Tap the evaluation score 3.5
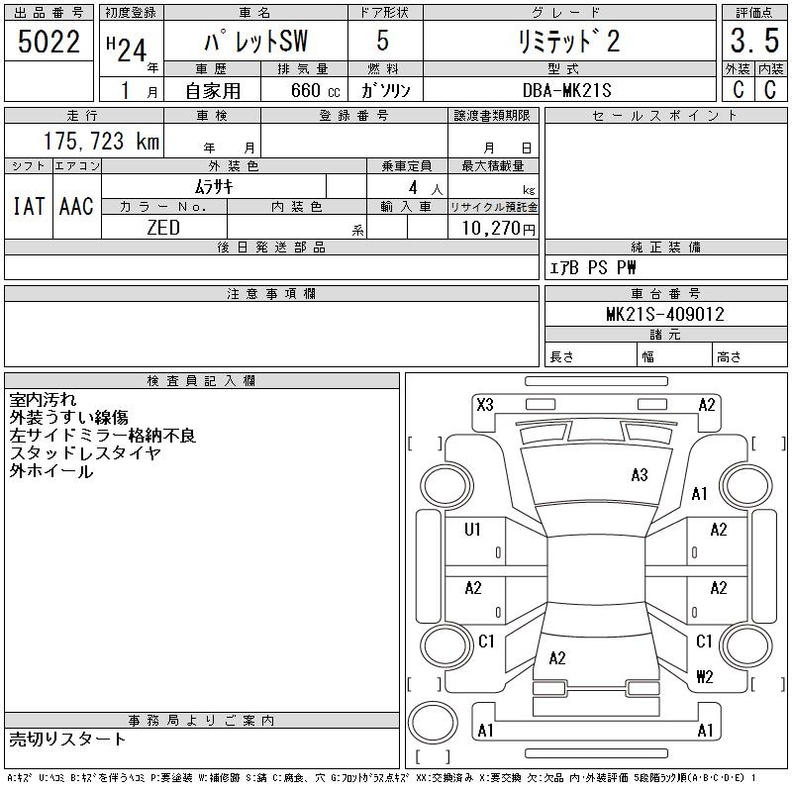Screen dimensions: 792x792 (x=753, y=42)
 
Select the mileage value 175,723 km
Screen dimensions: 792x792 (x=100, y=142)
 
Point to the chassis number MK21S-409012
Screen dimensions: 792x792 (x=664, y=315)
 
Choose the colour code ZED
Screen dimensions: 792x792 (x=163, y=227)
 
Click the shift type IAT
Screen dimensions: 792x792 (x=28, y=206)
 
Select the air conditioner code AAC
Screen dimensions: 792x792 (x=76, y=206)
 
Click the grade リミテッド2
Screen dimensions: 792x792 (x=569, y=43)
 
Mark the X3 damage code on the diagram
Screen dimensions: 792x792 (x=485, y=404)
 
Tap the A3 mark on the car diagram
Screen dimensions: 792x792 (x=640, y=475)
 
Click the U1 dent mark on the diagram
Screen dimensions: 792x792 (x=473, y=530)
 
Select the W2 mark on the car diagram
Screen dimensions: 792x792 (x=705, y=677)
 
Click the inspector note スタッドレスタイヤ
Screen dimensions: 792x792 (x=85, y=453)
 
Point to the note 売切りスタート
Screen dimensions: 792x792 (x=68, y=739)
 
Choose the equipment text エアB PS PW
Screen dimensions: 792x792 (x=593, y=267)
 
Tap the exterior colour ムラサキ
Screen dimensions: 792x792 (x=214, y=185)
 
